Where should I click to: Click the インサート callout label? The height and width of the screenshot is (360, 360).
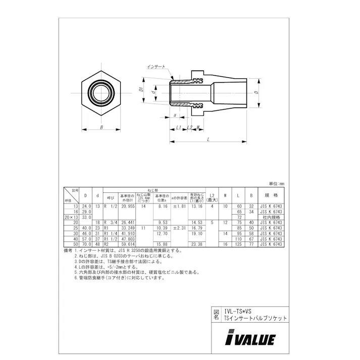point(156,67)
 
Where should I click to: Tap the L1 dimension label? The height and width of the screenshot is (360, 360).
point(178,127)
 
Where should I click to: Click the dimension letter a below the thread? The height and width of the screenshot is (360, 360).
point(174,115)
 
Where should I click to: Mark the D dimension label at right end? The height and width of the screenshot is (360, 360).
point(256,92)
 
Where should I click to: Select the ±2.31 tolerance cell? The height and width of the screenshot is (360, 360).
point(179,228)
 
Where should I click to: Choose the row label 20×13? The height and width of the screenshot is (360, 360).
point(70,217)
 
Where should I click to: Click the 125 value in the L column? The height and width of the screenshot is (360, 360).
point(238,244)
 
